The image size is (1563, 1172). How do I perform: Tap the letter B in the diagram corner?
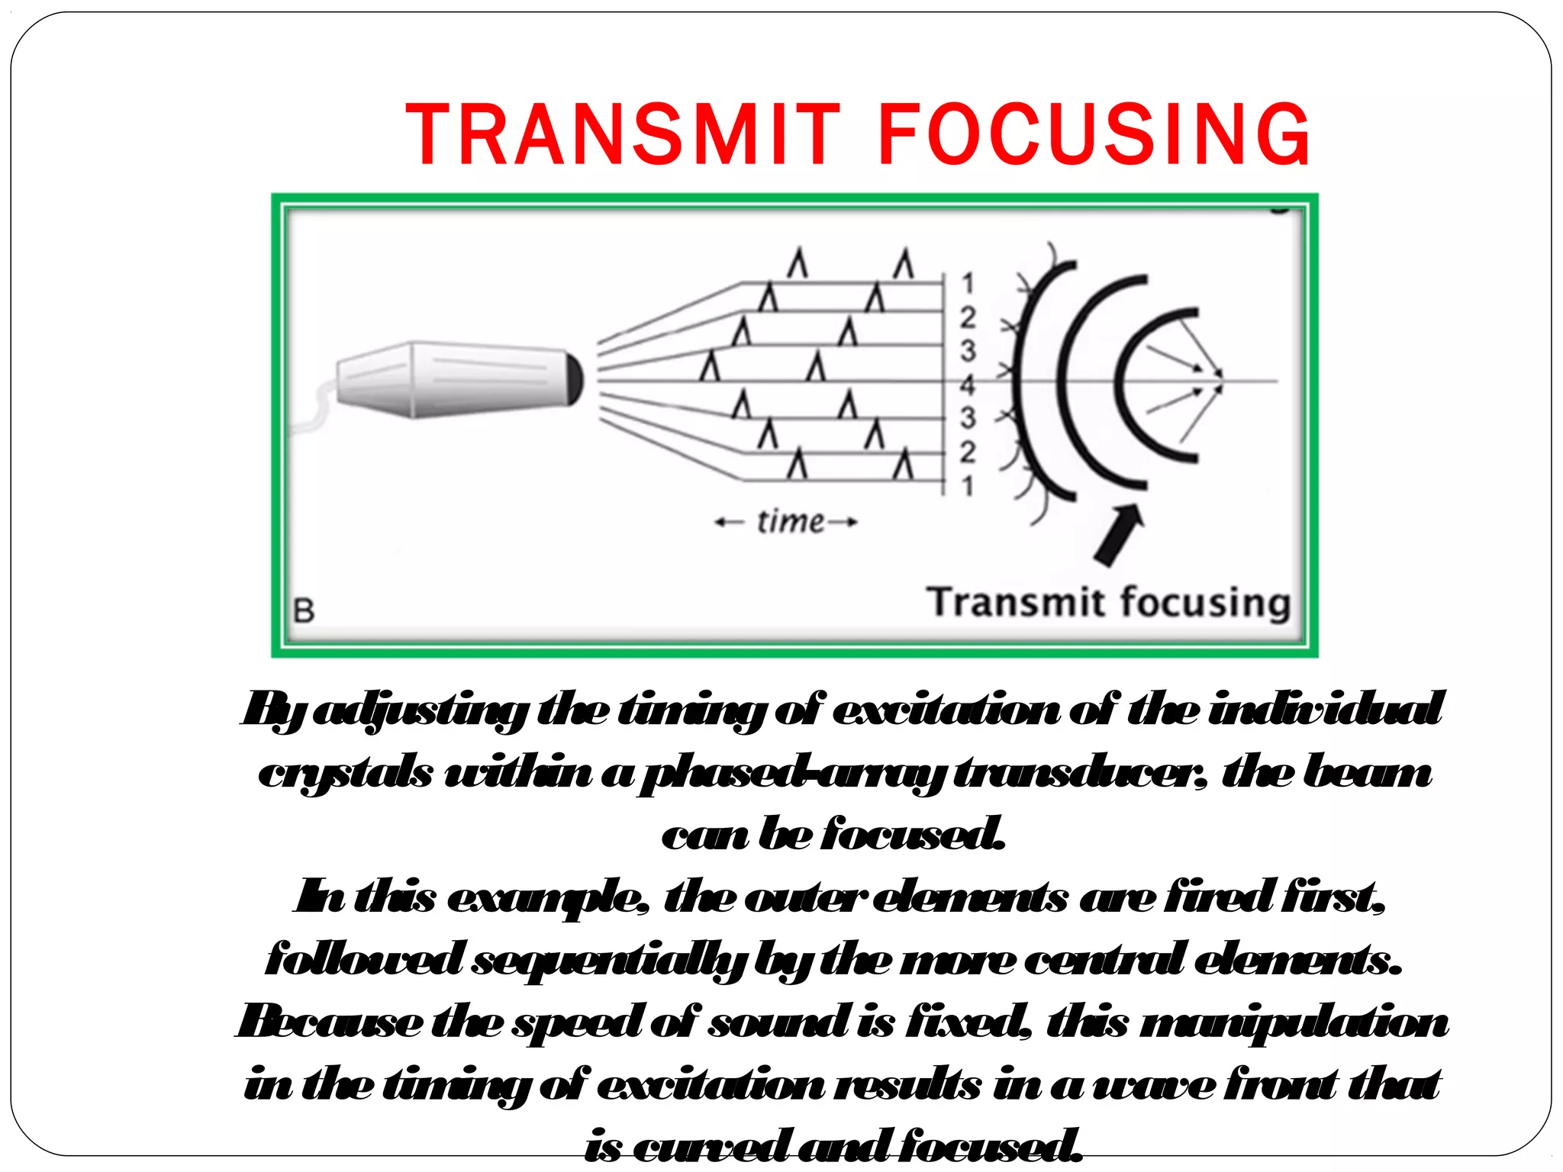click(x=304, y=610)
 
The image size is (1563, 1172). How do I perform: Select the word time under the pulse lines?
click(x=790, y=522)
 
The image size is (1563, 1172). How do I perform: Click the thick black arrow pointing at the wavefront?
click(x=1118, y=534)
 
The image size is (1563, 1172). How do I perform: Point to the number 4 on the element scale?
click(x=968, y=385)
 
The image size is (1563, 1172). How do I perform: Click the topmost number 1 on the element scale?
click(x=968, y=283)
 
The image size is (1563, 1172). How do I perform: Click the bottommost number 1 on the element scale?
click(x=968, y=485)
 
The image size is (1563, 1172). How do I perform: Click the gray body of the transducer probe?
click(x=458, y=379)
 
